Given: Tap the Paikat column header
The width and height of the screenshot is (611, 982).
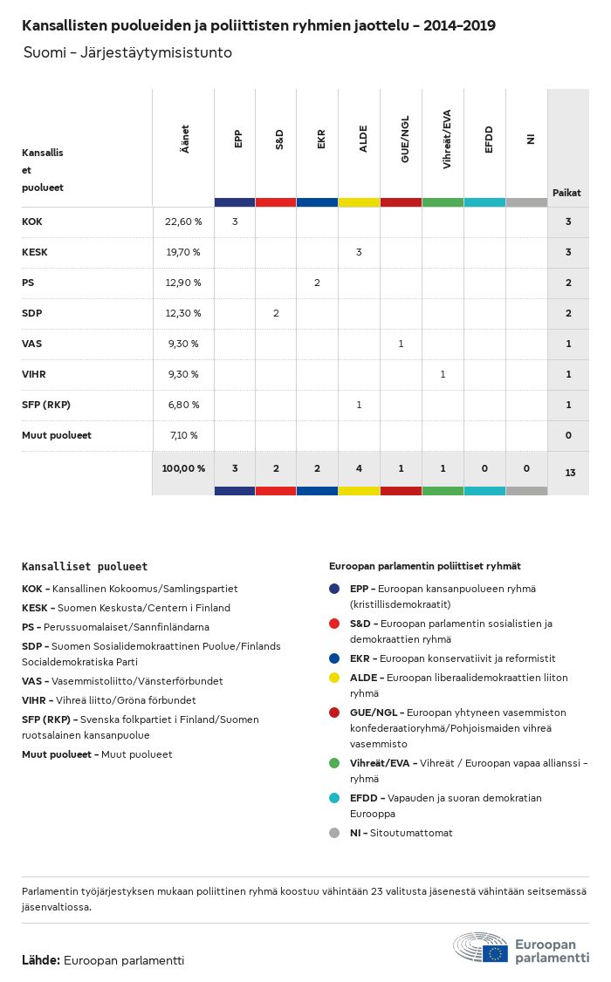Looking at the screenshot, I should (566, 193).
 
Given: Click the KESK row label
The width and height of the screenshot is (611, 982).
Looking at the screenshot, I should (35, 252).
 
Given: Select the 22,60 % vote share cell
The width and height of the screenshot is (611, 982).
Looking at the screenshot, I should (183, 222).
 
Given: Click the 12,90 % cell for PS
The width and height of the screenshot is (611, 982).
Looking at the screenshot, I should (183, 283).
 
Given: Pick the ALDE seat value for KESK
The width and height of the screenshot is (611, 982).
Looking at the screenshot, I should (359, 252).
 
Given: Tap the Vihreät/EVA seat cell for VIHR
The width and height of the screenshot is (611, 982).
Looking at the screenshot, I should (443, 374).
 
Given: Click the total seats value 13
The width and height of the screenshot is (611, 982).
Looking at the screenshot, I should (570, 473).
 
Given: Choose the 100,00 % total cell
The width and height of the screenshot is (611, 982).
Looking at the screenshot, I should (183, 468).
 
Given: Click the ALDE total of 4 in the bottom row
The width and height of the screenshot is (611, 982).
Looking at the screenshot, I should (359, 468).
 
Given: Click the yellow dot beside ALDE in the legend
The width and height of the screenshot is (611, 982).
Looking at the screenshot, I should (334, 678).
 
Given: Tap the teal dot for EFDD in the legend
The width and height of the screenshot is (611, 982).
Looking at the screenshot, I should (334, 798).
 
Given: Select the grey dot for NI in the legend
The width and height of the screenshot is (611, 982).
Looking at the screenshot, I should (334, 833).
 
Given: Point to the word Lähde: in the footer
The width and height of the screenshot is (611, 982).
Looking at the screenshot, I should (41, 960).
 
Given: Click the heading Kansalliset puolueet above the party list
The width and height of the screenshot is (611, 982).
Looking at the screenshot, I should (85, 566).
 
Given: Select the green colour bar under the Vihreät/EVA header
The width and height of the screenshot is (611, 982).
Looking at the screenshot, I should (443, 202).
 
